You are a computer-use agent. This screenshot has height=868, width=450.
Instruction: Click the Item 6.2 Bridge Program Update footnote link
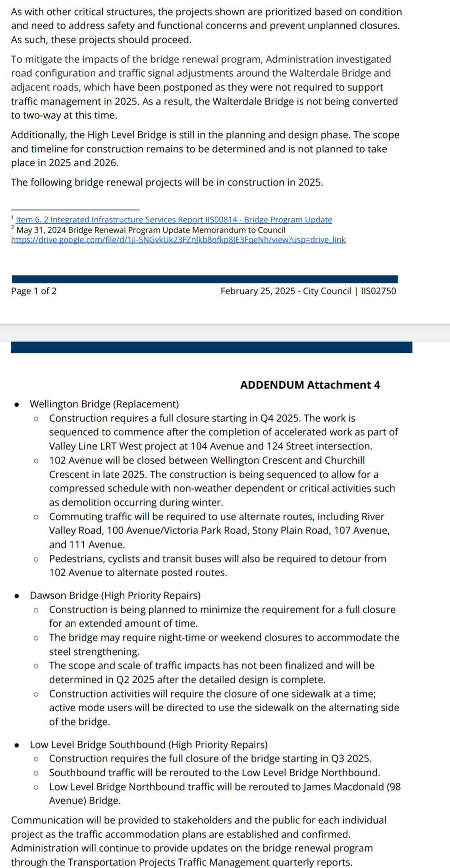(x=174, y=220)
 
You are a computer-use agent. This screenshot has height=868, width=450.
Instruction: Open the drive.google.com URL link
(x=178, y=240)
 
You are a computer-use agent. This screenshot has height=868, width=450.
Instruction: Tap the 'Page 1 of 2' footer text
(x=34, y=291)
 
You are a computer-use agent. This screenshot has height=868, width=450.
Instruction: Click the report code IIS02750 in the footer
(x=378, y=291)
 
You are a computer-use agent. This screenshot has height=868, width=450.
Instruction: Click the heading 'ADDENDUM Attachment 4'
(x=310, y=385)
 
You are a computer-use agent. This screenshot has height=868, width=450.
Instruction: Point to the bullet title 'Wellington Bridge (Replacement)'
(x=104, y=404)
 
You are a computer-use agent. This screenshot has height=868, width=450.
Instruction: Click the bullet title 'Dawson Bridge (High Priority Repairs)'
(x=115, y=595)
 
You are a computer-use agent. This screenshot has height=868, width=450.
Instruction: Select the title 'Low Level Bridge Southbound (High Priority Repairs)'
(x=149, y=745)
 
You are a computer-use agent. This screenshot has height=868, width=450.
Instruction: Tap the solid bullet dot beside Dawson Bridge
(x=17, y=596)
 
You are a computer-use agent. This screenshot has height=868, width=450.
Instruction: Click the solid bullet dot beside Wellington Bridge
(x=17, y=405)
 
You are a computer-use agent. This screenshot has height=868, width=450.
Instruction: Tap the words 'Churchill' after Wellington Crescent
(x=345, y=460)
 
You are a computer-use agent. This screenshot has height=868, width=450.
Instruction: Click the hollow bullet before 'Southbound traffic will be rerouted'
(x=36, y=773)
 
